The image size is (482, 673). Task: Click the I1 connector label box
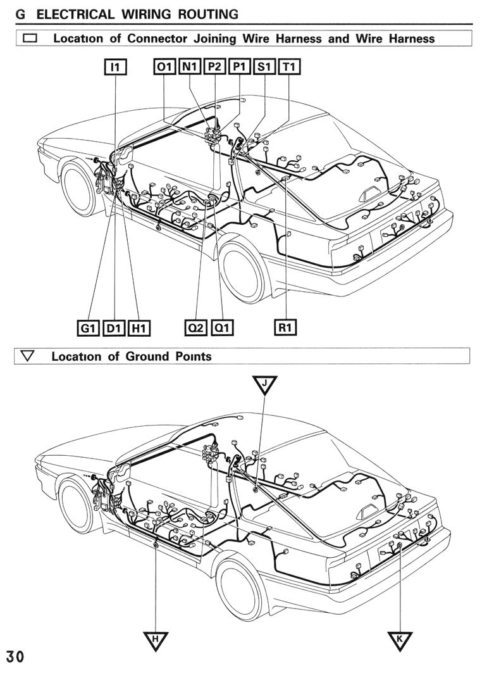coord(116,67)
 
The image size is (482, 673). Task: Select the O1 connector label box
coord(164,67)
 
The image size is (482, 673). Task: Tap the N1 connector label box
coord(190,67)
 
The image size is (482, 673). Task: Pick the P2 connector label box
coord(214,67)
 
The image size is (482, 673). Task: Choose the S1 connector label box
coord(264,67)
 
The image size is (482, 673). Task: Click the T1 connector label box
coord(290,67)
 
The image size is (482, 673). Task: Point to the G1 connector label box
coord(88,329)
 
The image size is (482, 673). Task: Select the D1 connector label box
coord(114,329)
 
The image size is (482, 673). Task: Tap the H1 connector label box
coord(139,329)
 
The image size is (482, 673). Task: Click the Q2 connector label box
coord(196,328)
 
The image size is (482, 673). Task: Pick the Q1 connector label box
coord(222,328)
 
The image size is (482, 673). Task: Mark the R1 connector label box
coord(285,327)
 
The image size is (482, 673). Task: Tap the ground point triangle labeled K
coord(400,640)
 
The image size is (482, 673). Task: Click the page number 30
coord(15,657)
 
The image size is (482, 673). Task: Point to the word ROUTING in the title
coord(208,14)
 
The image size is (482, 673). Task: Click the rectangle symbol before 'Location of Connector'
coord(30,38)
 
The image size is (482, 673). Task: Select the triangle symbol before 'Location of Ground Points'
coord(28,356)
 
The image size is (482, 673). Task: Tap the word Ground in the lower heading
coord(147,356)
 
